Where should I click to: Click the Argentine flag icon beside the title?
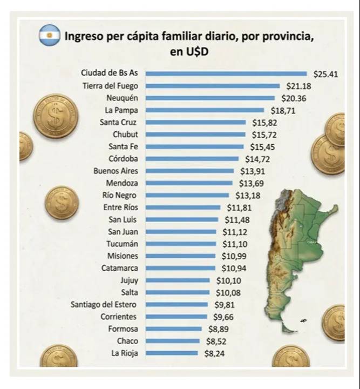coord(49,36)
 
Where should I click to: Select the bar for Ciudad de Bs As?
coord(226,74)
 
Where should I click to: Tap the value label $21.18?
coord(299,86)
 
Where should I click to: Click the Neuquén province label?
coord(122,98)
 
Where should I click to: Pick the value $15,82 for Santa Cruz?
coord(264,122)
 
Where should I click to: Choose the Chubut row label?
coord(125,135)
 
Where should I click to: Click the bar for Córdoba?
coord(192,159)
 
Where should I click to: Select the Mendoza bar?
coord(189,183)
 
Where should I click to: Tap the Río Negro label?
coord(119,195)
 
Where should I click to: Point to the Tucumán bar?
coord(181,244)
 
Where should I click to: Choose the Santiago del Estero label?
coord(104,304)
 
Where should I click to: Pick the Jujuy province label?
coord(129,280)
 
